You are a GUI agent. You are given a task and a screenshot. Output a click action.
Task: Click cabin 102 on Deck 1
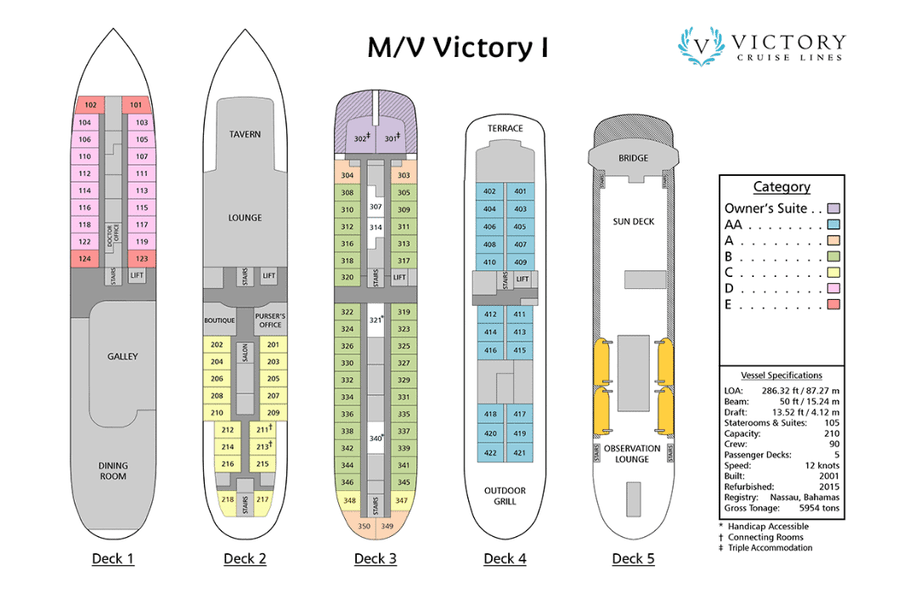pyautogui.click(x=89, y=105)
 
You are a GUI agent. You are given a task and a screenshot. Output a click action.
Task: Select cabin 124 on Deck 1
pyautogui.click(x=85, y=258)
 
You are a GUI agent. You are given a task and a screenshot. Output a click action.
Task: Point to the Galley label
pyautogui.click(x=122, y=357)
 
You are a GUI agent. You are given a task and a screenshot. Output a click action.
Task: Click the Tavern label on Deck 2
pyautogui.click(x=245, y=134)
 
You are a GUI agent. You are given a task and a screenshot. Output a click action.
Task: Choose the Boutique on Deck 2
pyautogui.click(x=219, y=320)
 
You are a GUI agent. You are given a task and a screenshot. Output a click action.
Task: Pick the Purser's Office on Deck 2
pyautogui.click(x=269, y=320)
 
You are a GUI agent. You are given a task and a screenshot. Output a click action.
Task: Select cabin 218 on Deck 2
pyautogui.click(x=228, y=500)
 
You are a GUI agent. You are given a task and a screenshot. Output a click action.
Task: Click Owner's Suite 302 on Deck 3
pyautogui.click(x=361, y=138)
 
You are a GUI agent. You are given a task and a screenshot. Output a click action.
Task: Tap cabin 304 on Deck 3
pyautogui.click(x=347, y=176)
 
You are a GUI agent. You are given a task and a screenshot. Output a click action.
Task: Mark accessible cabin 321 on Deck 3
pyautogui.click(x=375, y=319)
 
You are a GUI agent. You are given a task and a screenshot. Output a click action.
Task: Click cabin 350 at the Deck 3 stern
pyautogui.click(x=364, y=527)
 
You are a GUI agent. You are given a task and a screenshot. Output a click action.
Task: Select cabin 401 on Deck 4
pyautogui.click(x=520, y=192)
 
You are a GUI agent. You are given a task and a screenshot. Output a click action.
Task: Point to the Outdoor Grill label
pyautogui.click(x=505, y=495)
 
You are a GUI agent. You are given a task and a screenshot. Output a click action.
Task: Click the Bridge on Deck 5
pyautogui.click(x=633, y=158)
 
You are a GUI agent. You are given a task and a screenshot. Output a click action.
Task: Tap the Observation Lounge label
pyautogui.click(x=633, y=454)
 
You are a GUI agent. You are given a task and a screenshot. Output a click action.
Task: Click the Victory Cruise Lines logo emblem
pyautogui.click(x=701, y=46)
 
